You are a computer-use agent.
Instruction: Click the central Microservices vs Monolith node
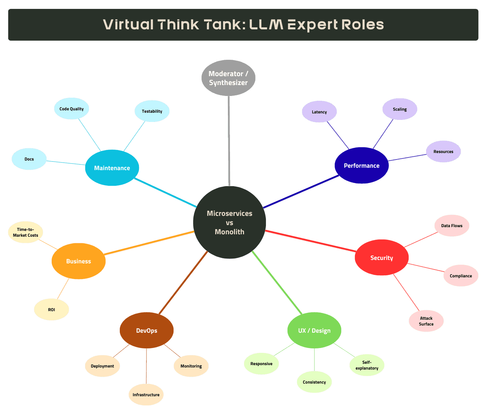(x=229, y=222)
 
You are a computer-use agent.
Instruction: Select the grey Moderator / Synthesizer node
(x=228, y=78)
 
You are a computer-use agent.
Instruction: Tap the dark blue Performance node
(x=361, y=166)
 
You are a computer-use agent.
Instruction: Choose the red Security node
(x=382, y=258)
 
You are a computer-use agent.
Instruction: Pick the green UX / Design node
(x=314, y=330)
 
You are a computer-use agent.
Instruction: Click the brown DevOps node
(x=146, y=330)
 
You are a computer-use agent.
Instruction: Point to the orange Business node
(x=78, y=261)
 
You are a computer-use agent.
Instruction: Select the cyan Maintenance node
(x=112, y=168)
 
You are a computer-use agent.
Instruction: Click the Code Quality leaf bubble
(x=72, y=109)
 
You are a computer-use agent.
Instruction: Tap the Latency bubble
(x=319, y=112)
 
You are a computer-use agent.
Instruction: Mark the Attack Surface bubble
(x=426, y=321)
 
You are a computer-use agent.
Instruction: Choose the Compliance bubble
(x=461, y=276)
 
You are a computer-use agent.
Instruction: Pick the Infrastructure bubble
(x=146, y=395)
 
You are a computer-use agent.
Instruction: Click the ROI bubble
(x=51, y=309)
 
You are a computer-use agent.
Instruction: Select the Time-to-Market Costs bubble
(x=26, y=232)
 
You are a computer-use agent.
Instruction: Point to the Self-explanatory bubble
(x=367, y=365)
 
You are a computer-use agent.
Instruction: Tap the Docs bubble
(x=29, y=159)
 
